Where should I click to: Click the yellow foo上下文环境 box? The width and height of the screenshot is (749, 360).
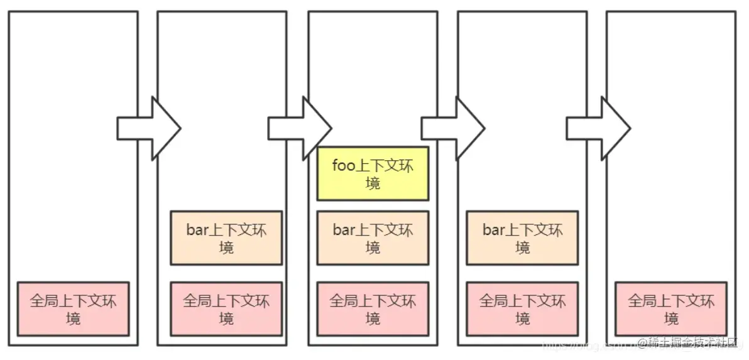(x=373, y=173)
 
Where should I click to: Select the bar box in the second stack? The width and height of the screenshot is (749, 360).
(x=226, y=238)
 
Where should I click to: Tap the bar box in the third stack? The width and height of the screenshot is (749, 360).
(x=373, y=238)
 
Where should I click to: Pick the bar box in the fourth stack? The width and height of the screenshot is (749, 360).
(x=522, y=238)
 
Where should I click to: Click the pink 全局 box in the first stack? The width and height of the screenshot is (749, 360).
(x=73, y=309)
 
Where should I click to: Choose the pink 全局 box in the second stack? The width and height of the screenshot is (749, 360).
(x=226, y=309)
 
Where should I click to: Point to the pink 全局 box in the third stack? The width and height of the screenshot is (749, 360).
(x=373, y=309)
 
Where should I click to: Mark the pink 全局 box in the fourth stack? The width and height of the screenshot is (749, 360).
(x=522, y=309)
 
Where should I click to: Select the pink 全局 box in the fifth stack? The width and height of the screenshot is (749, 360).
(x=671, y=309)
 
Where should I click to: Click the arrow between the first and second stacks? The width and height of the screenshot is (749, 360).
(x=148, y=128)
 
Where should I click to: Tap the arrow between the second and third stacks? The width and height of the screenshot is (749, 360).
(x=299, y=128)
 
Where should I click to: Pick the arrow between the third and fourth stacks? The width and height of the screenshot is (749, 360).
(x=452, y=128)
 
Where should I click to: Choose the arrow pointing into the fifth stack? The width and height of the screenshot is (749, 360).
(x=598, y=128)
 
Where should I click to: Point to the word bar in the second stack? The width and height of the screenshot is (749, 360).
(x=197, y=231)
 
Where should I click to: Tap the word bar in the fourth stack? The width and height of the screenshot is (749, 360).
(x=493, y=231)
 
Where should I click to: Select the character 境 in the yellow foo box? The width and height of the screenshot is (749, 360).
(x=373, y=183)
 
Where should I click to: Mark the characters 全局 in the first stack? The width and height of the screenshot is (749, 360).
(x=43, y=301)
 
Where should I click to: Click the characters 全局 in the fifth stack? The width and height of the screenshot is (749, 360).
(x=642, y=301)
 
